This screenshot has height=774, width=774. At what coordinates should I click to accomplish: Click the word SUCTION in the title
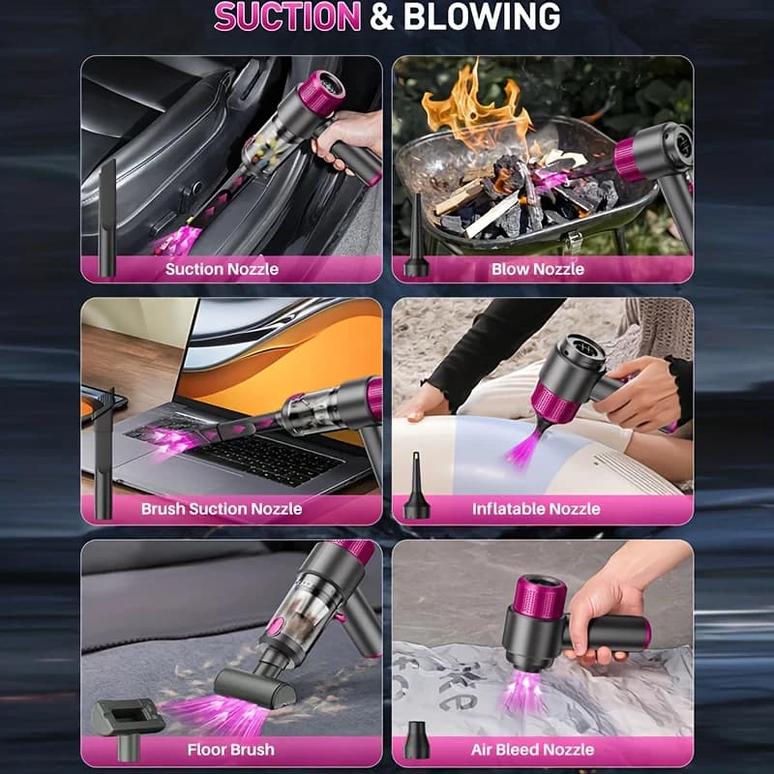(x=287, y=16)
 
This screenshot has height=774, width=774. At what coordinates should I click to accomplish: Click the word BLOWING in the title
(x=482, y=16)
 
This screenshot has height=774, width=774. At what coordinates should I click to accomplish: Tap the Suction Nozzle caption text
(x=222, y=269)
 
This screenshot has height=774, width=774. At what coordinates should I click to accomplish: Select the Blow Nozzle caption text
(x=538, y=269)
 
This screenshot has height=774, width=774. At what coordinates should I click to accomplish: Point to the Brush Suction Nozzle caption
(x=222, y=509)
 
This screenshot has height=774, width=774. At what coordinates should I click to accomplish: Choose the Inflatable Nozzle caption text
(x=536, y=509)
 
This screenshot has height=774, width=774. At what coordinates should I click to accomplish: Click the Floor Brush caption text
(x=230, y=750)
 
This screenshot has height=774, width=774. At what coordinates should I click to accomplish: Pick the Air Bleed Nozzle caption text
(x=533, y=750)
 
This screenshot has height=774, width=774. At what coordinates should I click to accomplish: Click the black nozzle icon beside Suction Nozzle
(x=107, y=218)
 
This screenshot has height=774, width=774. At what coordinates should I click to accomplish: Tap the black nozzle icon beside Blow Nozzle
(x=416, y=236)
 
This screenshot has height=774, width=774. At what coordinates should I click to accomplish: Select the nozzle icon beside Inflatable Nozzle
(x=417, y=486)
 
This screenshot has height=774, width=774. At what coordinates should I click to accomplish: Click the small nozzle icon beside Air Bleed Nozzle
(x=417, y=740)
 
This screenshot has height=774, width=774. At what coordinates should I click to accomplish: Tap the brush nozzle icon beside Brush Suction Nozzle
(x=104, y=453)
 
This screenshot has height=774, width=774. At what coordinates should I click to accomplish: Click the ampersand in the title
(x=382, y=16)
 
